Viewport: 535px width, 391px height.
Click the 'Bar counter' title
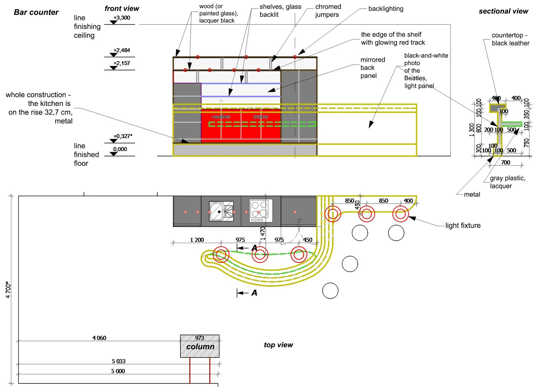pos(36,12)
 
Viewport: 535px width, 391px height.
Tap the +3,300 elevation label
pos(122,18)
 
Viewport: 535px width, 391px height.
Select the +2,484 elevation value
pos(122,50)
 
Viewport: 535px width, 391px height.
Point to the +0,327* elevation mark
pos(123,136)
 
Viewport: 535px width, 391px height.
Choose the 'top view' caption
pos(278,345)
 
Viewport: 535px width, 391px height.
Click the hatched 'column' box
pos(200,346)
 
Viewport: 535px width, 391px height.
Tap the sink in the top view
pos(221,211)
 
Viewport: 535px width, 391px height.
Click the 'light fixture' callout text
pos(463,225)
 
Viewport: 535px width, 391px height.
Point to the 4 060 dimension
pos(99,338)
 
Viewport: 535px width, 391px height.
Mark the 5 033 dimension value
pos(118,361)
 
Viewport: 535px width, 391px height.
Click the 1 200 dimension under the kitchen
pos(197,240)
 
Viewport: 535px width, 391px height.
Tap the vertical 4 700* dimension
pos(8,289)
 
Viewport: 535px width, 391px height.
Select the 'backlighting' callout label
pos(386,9)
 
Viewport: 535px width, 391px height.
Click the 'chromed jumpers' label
pos(328,11)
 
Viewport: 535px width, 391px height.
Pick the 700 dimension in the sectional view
pos(505,163)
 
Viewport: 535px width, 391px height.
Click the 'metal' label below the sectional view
pos(472,194)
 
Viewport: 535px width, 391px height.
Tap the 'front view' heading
pos(122,9)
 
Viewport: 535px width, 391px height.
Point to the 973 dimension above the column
pos(199,338)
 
